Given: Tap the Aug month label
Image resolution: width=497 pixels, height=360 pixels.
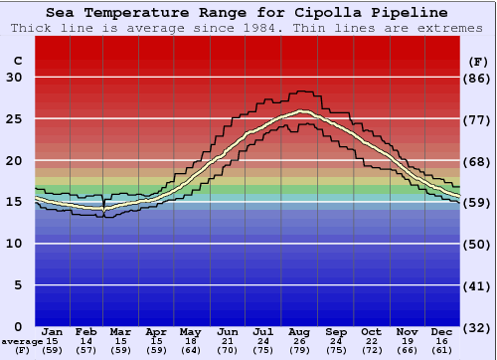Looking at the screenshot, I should pyautogui.click(x=300, y=331).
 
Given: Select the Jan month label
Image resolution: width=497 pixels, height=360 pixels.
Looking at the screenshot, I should pyautogui.click(x=54, y=331).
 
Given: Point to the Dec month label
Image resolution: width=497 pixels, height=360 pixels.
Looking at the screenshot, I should pyautogui.click(x=442, y=331).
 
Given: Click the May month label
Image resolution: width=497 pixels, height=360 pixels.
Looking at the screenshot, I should pyautogui.click(x=191, y=331).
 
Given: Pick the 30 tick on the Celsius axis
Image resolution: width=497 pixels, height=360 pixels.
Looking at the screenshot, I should pyautogui.click(x=14, y=78).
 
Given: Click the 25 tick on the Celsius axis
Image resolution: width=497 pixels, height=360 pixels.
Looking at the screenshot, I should pyautogui.click(x=14, y=119).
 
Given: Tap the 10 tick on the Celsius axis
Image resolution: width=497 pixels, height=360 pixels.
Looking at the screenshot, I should pyautogui.click(x=14, y=244).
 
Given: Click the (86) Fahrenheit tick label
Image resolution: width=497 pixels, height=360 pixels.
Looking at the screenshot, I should pyautogui.click(x=478, y=78).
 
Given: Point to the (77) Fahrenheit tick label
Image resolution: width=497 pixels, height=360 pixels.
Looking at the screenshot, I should pyautogui.click(x=478, y=119).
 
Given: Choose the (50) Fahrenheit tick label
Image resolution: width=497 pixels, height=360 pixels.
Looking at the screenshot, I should pyautogui.click(x=478, y=244).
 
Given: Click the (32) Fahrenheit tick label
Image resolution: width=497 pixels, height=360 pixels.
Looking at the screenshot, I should pyautogui.click(x=478, y=326).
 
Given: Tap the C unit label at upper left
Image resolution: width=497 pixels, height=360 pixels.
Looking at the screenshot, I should pyautogui.click(x=17, y=60).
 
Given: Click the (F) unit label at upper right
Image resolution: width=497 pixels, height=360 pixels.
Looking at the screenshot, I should pyautogui.click(x=478, y=60).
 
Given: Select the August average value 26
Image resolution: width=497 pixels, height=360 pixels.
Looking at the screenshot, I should pyautogui.click(x=300, y=341).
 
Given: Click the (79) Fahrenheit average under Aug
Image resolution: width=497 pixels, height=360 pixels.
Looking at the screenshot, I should pyautogui.click(x=300, y=350).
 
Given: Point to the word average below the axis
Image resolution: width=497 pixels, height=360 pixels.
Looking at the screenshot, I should pyautogui.click(x=22, y=341).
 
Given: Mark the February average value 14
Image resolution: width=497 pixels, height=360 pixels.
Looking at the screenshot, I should pyautogui.click(x=87, y=341).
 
